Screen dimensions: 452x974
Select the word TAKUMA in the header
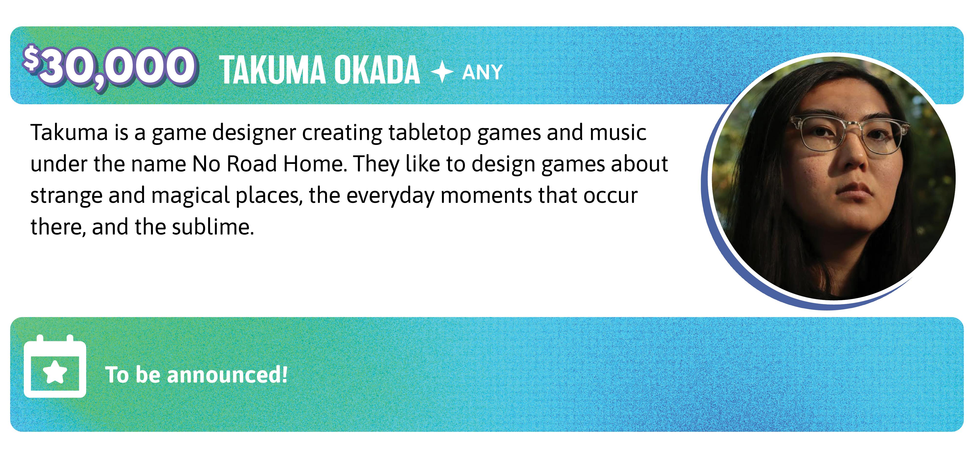272,70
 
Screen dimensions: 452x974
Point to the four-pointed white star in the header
442,72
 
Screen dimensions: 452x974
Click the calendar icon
55,366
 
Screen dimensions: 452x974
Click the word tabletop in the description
429,133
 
